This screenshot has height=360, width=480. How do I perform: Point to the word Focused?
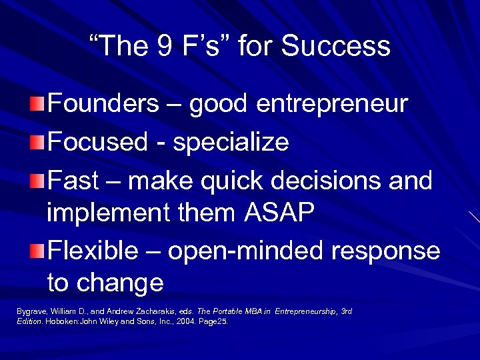coord(98,142)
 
